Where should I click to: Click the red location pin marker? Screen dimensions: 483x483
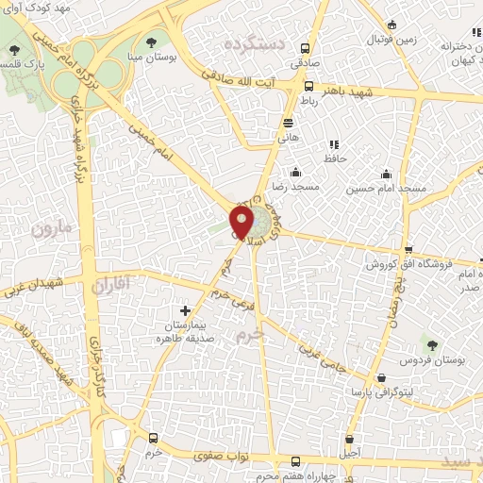click(241, 222)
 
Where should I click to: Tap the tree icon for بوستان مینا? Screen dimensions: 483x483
click(153, 42)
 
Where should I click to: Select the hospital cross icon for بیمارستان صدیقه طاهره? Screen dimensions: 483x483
click(185, 309)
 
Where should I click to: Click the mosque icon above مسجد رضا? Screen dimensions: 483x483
click(296, 172)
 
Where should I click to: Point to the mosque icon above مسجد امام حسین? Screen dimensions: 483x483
click(385, 174)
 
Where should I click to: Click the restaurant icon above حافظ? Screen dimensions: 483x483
click(333, 144)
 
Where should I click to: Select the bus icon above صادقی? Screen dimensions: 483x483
click(304, 48)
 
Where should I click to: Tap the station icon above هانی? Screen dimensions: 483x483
click(287, 123)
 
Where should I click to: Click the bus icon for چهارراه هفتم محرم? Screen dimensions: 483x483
click(296, 461)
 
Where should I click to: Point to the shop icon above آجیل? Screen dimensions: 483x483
click(351, 440)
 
